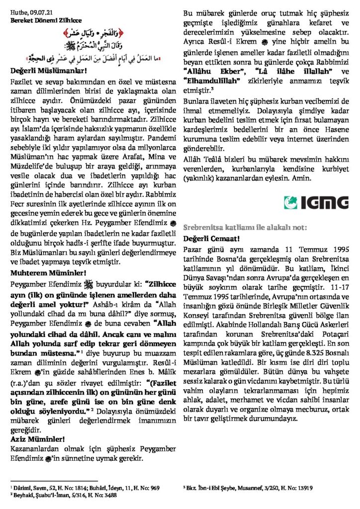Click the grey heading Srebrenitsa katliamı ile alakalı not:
tap(246, 227)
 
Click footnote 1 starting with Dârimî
tap(85, 488)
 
